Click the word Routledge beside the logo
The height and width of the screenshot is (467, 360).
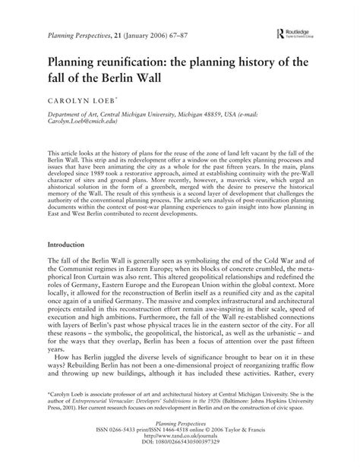[x=297, y=32]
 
